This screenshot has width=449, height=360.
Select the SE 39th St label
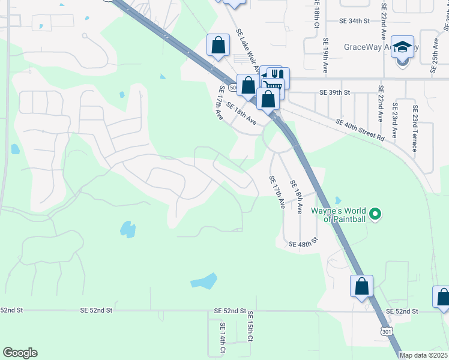(x=334, y=93)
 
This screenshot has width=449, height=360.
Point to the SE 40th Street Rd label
(x=360, y=130)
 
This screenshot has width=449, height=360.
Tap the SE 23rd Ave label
(x=394, y=119)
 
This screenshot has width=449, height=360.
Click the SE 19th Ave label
(x=325, y=56)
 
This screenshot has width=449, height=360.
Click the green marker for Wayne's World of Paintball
(x=376, y=214)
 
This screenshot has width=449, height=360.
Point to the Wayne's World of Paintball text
(x=338, y=215)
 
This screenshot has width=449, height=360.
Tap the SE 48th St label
(x=303, y=244)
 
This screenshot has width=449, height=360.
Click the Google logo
(x=20, y=353)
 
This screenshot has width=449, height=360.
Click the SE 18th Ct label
(x=316, y=15)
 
